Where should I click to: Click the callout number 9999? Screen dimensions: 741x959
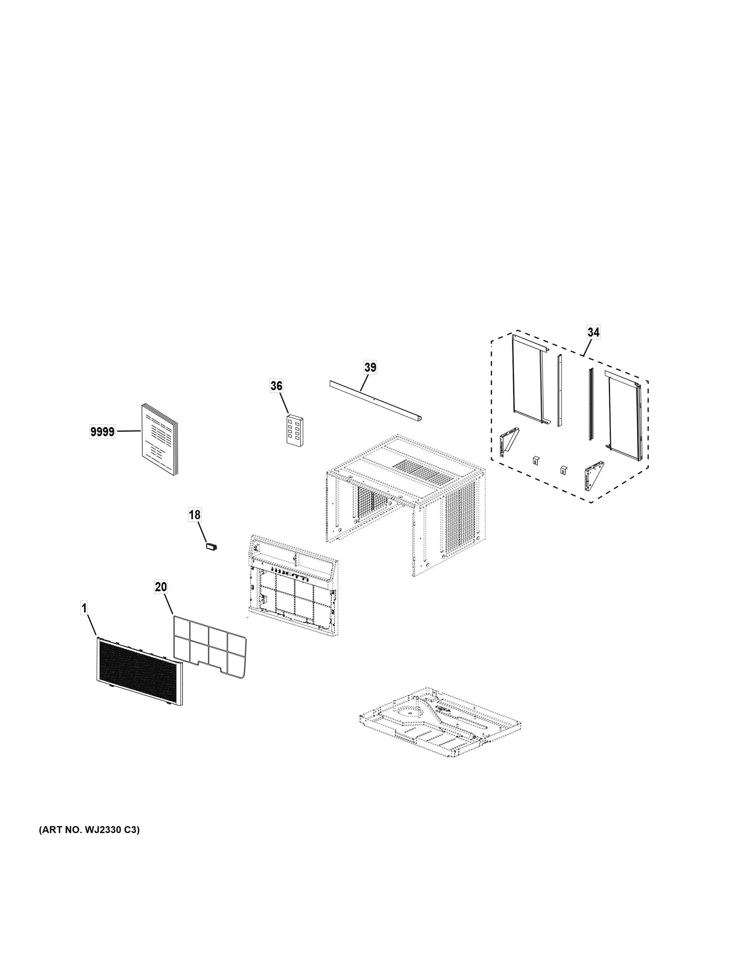click(x=102, y=432)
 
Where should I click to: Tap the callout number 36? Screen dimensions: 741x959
click(x=276, y=386)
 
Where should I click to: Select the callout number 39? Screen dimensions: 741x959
click(x=370, y=367)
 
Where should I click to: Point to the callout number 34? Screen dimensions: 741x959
click(x=593, y=332)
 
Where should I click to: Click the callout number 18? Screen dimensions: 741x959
click(x=194, y=515)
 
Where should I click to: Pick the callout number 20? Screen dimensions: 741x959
click(x=161, y=587)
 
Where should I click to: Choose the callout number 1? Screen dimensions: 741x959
click(x=84, y=608)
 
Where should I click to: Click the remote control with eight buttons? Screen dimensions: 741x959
click(x=295, y=431)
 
